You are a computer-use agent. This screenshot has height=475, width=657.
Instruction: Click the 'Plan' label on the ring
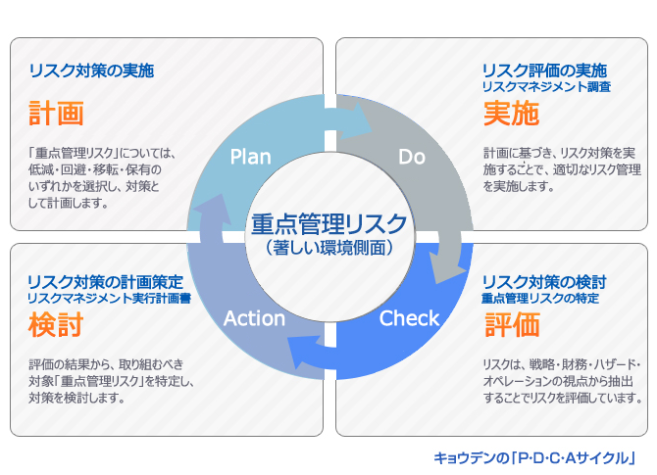point(251,157)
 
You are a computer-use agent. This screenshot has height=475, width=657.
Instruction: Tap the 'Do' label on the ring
point(412,157)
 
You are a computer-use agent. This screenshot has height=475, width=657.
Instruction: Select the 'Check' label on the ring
point(409,318)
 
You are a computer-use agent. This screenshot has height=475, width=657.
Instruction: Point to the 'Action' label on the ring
point(254,318)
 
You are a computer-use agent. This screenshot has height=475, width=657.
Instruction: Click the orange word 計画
point(56,113)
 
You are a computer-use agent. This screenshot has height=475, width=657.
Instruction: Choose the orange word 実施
point(511,113)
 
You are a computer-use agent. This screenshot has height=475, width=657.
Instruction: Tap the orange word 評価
point(512,324)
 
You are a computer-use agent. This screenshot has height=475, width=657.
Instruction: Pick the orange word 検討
point(56,324)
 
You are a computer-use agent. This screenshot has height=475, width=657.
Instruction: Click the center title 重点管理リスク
point(329,224)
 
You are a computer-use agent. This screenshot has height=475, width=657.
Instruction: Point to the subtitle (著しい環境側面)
point(329,248)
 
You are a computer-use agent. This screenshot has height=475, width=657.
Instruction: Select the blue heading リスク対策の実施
point(91,71)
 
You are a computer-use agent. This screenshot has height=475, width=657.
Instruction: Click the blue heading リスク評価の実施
point(544,71)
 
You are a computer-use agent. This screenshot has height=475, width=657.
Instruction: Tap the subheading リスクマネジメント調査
point(546,86)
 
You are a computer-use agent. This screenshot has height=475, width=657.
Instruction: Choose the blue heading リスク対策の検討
point(544,282)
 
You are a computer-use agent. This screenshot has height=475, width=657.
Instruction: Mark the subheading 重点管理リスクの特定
point(540,298)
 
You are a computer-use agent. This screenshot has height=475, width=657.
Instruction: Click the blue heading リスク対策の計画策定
point(106,282)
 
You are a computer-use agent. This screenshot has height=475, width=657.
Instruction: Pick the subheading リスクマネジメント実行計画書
point(110,298)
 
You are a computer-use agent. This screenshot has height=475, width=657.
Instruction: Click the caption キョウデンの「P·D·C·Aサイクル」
point(534,457)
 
